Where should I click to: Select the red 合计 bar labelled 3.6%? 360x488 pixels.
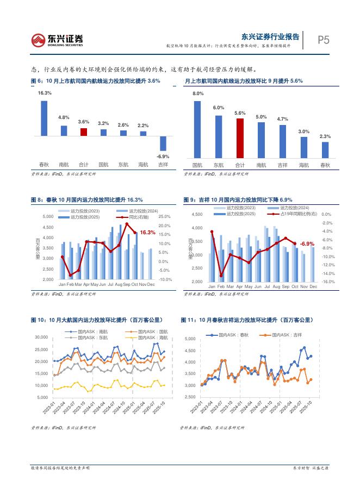tap(83, 132)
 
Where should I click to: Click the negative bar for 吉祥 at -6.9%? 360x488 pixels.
tap(163, 143)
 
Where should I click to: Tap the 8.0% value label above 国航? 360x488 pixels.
tap(197, 94)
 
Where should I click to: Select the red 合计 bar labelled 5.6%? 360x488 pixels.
tap(240, 137)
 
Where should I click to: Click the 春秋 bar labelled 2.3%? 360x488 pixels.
tap(325, 149)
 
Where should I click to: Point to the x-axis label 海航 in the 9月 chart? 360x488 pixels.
tap(303, 165)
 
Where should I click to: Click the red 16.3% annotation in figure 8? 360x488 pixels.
tap(147, 232)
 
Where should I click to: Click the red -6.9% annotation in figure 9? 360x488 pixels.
tap(307, 243)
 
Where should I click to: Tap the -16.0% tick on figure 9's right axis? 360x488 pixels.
tap(328, 282)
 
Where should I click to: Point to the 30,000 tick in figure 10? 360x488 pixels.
tap(42, 337)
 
